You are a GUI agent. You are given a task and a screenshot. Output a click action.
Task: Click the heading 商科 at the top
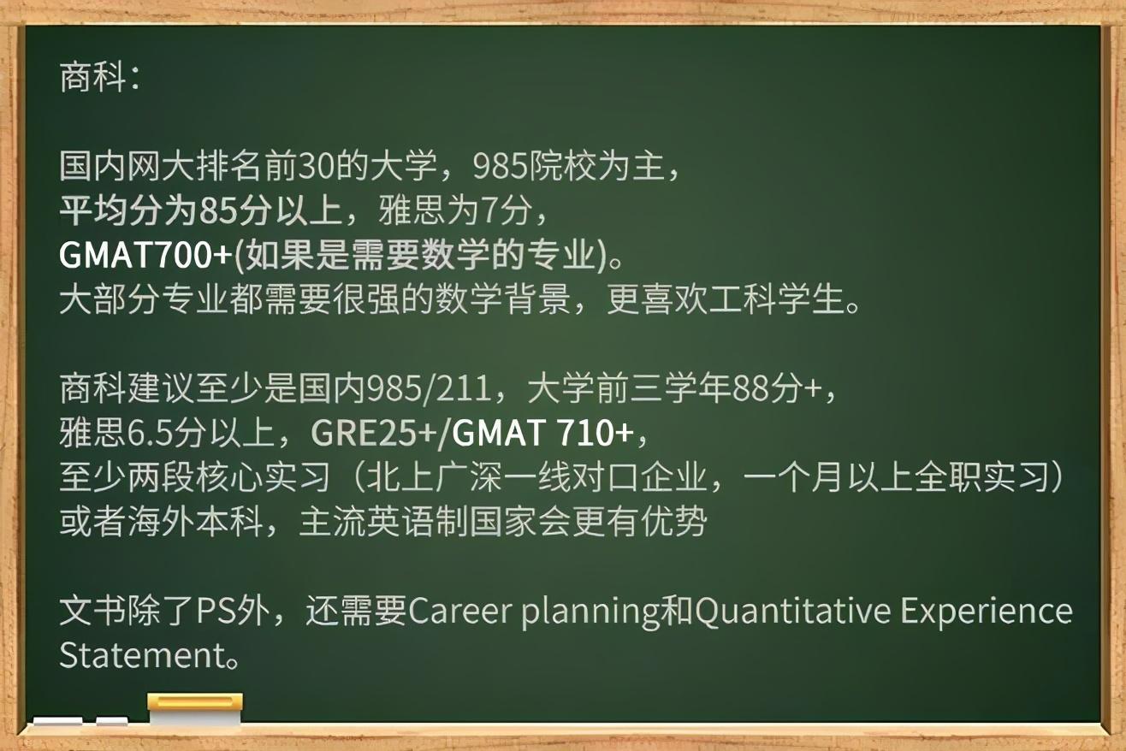[92, 77]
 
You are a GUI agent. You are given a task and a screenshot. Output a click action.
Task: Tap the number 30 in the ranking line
[317, 167]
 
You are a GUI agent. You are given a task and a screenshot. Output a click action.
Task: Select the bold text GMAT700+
[145, 255]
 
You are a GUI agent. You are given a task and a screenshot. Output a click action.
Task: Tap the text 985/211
[429, 388]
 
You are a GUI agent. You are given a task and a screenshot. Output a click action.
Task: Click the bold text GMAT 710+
[542, 433]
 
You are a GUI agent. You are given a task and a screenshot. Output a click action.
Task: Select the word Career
[459, 611]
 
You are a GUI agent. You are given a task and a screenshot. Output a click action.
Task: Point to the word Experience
[987, 612]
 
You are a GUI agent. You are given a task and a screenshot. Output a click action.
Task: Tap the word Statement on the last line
[142, 655]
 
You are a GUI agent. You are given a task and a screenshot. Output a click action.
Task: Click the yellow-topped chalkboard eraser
[195, 710]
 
